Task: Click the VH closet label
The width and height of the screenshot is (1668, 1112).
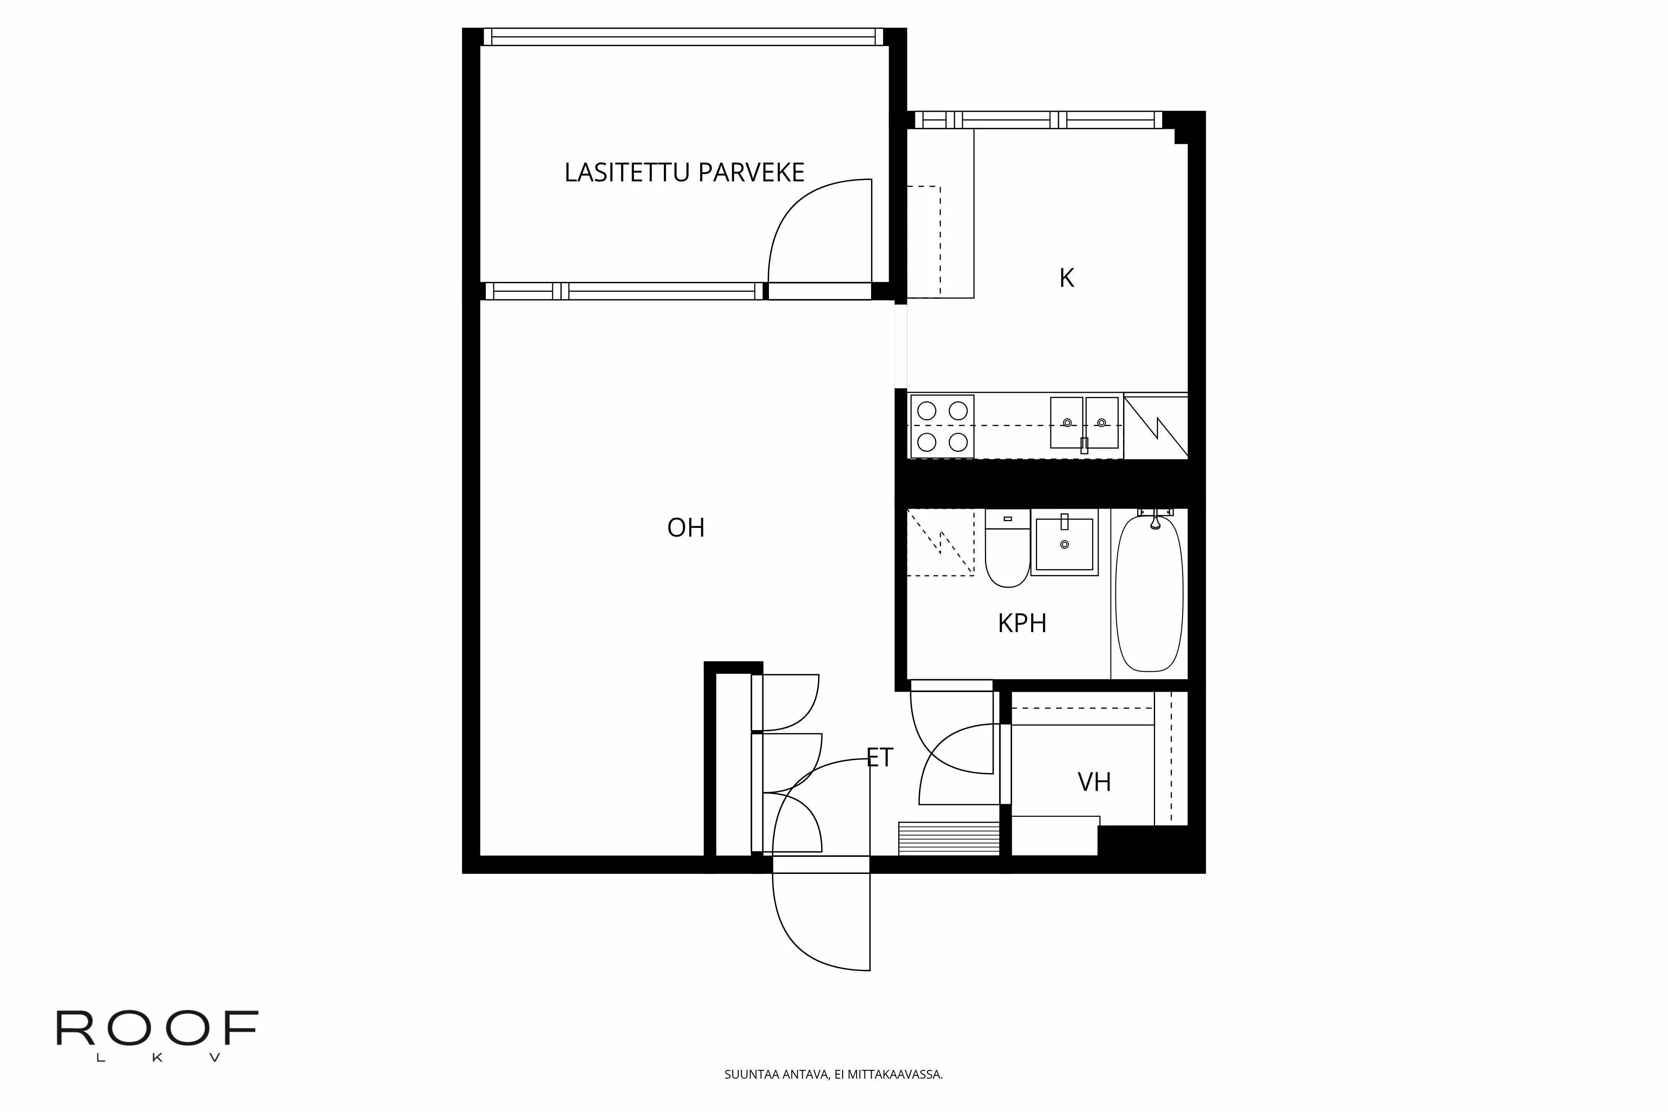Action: pyautogui.click(x=1093, y=782)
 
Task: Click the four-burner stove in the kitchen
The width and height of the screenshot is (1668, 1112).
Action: pyautogui.click(x=942, y=426)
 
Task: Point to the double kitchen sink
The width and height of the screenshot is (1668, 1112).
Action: pyautogui.click(x=1084, y=423)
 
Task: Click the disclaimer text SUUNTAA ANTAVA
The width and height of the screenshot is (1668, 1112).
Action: pyautogui.click(x=833, y=1074)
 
